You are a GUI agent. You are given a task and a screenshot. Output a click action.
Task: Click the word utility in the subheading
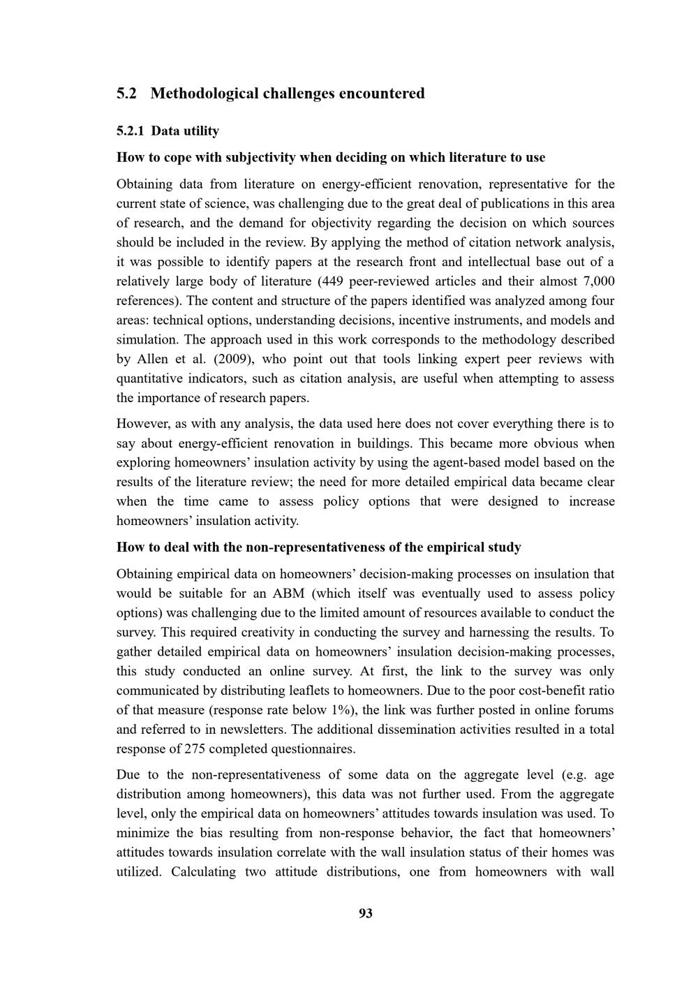click(201, 131)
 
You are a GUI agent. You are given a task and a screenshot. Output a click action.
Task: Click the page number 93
click(365, 913)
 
